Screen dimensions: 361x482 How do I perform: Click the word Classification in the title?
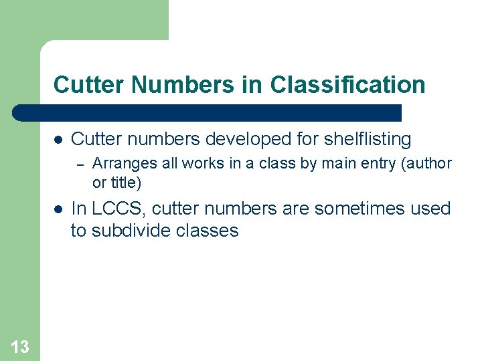tap(347, 85)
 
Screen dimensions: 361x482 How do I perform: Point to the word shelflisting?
tap(367, 139)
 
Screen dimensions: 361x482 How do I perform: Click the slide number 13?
tap(20, 346)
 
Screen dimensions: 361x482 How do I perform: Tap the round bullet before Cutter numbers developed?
tap(58, 140)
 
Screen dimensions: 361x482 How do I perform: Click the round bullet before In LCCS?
tap(58, 209)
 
